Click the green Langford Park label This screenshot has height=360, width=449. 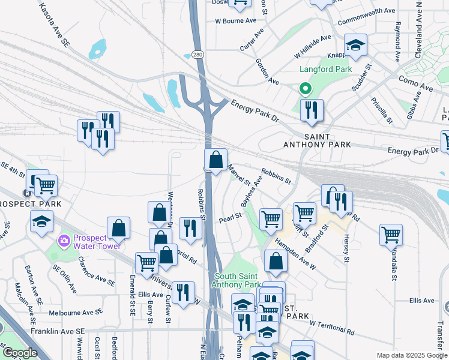pyautogui.click(x=325, y=70)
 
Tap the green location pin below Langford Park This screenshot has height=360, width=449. pyautogui.click(x=306, y=89)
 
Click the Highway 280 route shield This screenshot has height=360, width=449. pyautogui.click(x=197, y=55)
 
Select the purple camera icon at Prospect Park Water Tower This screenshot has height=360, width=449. pyautogui.click(x=64, y=241)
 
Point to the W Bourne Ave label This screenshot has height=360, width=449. pyautogui.click(x=235, y=21)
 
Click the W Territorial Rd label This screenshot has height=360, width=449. pyautogui.click(x=332, y=326)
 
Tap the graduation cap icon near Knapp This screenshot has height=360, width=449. pyautogui.click(x=355, y=45)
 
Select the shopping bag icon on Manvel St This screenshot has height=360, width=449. pyautogui.click(x=215, y=160)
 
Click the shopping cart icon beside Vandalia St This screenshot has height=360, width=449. pyautogui.click(x=391, y=234)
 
